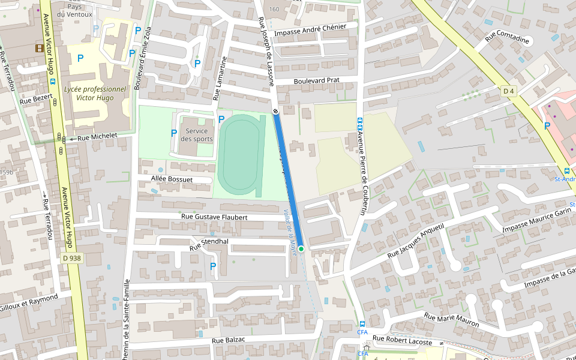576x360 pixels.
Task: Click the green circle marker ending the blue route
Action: [x=301, y=248]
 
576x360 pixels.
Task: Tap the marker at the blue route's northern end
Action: [x=275, y=111]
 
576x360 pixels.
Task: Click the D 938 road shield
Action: [x=71, y=257]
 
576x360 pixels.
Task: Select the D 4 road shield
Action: [x=509, y=91]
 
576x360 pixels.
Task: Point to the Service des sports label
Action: [x=197, y=135]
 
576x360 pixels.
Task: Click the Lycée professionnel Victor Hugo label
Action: [x=95, y=93]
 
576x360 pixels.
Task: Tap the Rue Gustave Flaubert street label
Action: [x=214, y=217]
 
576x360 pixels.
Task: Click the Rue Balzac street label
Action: [x=229, y=340]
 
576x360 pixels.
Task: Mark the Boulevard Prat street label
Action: [x=316, y=80]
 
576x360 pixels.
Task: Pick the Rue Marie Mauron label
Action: [x=452, y=320]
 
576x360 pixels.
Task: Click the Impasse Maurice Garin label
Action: [x=537, y=220]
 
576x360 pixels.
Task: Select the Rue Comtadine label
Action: [x=508, y=37]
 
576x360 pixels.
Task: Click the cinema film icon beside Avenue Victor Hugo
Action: [x=40, y=48]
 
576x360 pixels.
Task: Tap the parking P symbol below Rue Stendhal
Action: [x=213, y=266]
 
